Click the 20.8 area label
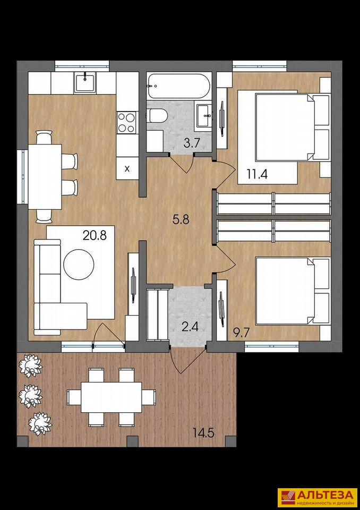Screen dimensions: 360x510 (x=95, y=235)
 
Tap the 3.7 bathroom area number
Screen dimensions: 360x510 (x=191, y=143)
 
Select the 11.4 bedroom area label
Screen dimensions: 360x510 (x=257, y=174)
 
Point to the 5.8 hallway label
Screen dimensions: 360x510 (x=181, y=220)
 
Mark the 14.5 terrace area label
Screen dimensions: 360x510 (x=203, y=433)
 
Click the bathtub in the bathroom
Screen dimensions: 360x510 (x=177, y=86)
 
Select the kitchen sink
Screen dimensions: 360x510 (x=85, y=83)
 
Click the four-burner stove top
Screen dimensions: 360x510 (x=126, y=122)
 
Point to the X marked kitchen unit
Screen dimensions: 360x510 (x=127, y=168)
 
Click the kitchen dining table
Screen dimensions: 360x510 (x=45, y=176)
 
